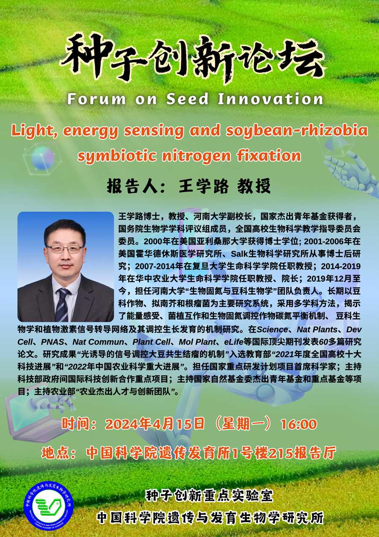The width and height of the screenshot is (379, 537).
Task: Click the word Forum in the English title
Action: (x=96, y=99)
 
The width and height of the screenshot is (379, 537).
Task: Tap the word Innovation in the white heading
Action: (x=270, y=99)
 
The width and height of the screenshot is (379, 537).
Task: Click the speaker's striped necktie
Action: (x=62, y=305)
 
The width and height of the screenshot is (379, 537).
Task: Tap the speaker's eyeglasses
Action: (x=65, y=249)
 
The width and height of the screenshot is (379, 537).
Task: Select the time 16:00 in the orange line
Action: (x=299, y=424)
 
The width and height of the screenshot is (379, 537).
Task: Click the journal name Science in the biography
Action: (x=272, y=329)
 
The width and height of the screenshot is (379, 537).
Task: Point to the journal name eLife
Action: (x=234, y=342)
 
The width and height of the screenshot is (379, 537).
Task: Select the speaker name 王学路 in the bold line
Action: (x=203, y=186)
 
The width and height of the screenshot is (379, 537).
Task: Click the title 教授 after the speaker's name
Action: (x=254, y=186)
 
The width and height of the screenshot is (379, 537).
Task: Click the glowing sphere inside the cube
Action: (x=43, y=158)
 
